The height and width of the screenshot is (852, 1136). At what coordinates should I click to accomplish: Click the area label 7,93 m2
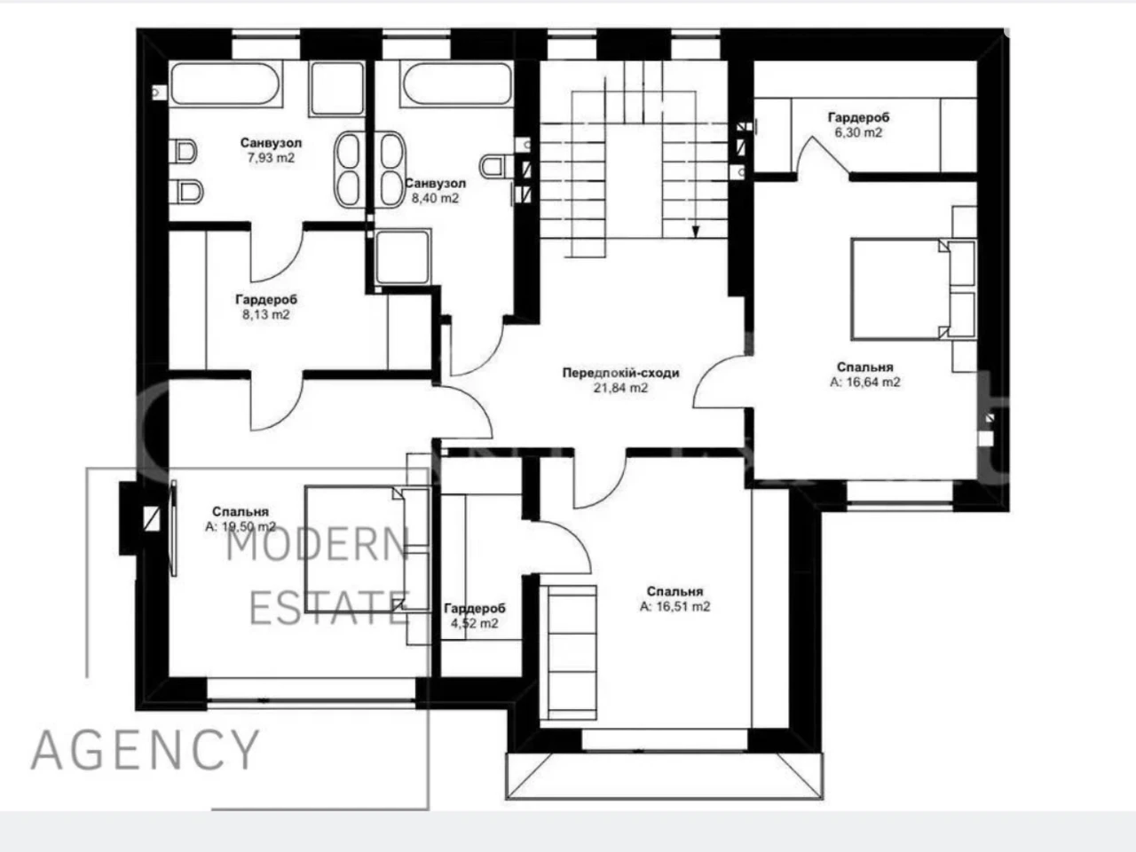[x=271, y=158]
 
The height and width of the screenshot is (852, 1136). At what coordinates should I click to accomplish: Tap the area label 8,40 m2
[x=435, y=198]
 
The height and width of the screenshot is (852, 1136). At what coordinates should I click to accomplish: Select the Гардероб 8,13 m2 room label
[x=266, y=307]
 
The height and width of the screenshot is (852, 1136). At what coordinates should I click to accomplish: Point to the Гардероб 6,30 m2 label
[x=858, y=124]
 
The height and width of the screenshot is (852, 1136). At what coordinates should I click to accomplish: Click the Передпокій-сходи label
[x=620, y=373]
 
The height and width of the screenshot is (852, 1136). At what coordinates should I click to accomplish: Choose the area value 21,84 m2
[x=620, y=388]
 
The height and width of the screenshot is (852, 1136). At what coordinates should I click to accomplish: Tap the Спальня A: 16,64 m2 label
[x=864, y=375]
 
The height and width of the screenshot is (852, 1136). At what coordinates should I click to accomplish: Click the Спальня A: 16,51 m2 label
[x=674, y=599]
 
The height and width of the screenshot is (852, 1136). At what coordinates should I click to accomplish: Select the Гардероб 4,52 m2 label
[x=475, y=616]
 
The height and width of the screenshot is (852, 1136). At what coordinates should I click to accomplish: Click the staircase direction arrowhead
[x=696, y=232]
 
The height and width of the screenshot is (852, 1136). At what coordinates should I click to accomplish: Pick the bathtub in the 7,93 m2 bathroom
[x=225, y=83]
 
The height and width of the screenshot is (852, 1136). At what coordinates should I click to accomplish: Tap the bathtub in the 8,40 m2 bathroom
[x=456, y=83]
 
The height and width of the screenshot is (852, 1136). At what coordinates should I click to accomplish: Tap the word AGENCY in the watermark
[x=146, y=751]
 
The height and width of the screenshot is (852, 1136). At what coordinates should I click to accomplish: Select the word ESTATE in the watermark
[x=330, y=608]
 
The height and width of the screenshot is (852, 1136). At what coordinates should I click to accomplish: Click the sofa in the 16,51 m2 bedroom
[x=568, y=652]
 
